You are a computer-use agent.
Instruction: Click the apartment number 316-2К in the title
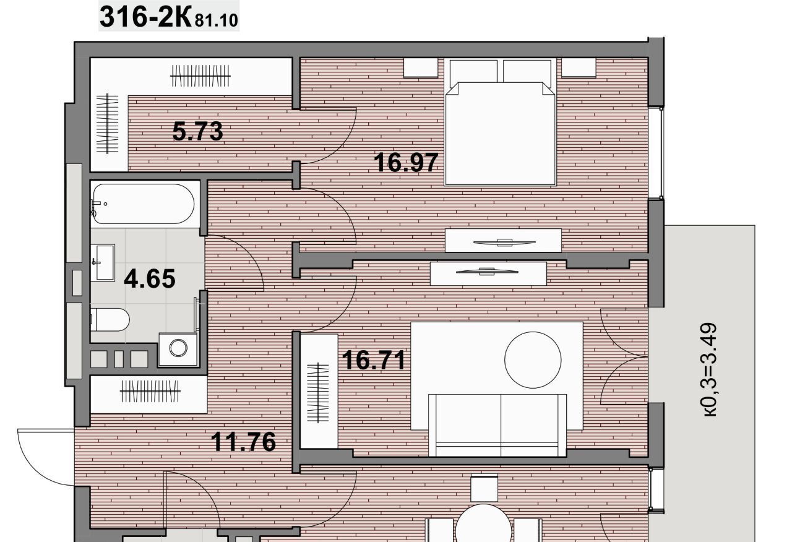tap(145, 17)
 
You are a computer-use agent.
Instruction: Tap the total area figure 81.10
tap(217, 20)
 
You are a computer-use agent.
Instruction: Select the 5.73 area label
tap(197, 131)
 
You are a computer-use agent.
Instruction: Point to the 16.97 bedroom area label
tap(406, 162)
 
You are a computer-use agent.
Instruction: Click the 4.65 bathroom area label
tap(150, 278)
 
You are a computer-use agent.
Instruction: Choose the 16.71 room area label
tap(374, 360)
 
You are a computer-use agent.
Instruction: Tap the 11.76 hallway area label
tap(243, 442)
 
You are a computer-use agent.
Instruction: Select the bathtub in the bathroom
tap(142, 204)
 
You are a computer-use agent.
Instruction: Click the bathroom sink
tap(103, 262)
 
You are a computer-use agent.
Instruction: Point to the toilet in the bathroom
tap(110, 320)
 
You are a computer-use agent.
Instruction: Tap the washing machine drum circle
tap(178, 348)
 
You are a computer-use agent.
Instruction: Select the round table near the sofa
tap(533, 360)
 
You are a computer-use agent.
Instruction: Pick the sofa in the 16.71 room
tap(497, 425)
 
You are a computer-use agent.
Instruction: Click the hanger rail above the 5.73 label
tap(200, 75)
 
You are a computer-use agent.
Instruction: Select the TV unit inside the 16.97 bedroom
tap(503, 241)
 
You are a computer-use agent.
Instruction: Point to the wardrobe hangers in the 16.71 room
tap(317, 392)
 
